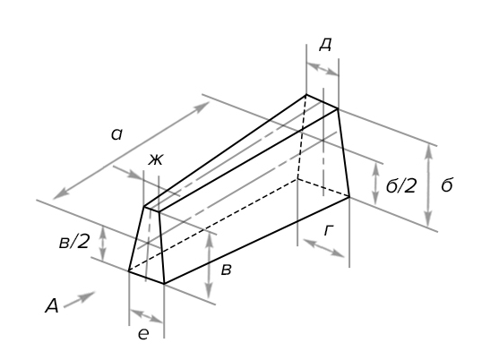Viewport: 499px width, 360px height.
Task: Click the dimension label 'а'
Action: pyautogui.click(x=116, y=134)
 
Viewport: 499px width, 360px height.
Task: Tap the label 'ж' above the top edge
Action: pyautogui.click(x=156, y=159)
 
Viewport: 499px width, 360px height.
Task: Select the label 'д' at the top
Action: pyautogui.click(x=325, y=45)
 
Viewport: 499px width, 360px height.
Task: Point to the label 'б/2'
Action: pyautogui.click(x=401, y=185)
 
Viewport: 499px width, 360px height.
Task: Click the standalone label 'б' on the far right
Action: pyautogui.click(x=447, y=184)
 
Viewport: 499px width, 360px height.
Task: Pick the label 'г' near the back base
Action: pyautogui.click(x=329, y=230)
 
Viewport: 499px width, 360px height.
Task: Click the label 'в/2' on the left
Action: pyautogui.click(x=73, y=243)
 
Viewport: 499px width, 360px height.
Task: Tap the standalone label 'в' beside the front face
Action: pyautogui.click(x=226, y=270)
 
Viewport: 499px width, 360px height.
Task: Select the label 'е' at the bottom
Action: pyautogui.click(x=143, y=334)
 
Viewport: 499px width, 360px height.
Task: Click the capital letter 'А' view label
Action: pyautogui.click(x=52, y=306)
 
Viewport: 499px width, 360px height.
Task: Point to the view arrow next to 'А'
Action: pyautogui.click(x=79, y=299)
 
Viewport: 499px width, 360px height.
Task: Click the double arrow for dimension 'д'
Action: pyautogui.click(x=323, y=69)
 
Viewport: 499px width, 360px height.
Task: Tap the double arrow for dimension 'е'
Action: pyautogui.click(x=146, y=316)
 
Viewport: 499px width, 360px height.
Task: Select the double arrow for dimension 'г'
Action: pyautogui.click(x=323, y=248)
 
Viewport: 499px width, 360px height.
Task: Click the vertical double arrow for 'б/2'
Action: pyautogui.click(x=376, y=184)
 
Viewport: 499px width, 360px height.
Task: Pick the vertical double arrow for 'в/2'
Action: pyautogui.click(x=103, y=243)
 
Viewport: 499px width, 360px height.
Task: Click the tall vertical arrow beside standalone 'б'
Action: pyautogui.click(x=428, y=185)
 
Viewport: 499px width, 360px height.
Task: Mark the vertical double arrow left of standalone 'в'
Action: pyautogui.click(x=209, y=266)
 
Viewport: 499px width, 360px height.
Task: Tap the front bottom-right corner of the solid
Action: pyautogui.click(x=164, y=283)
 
